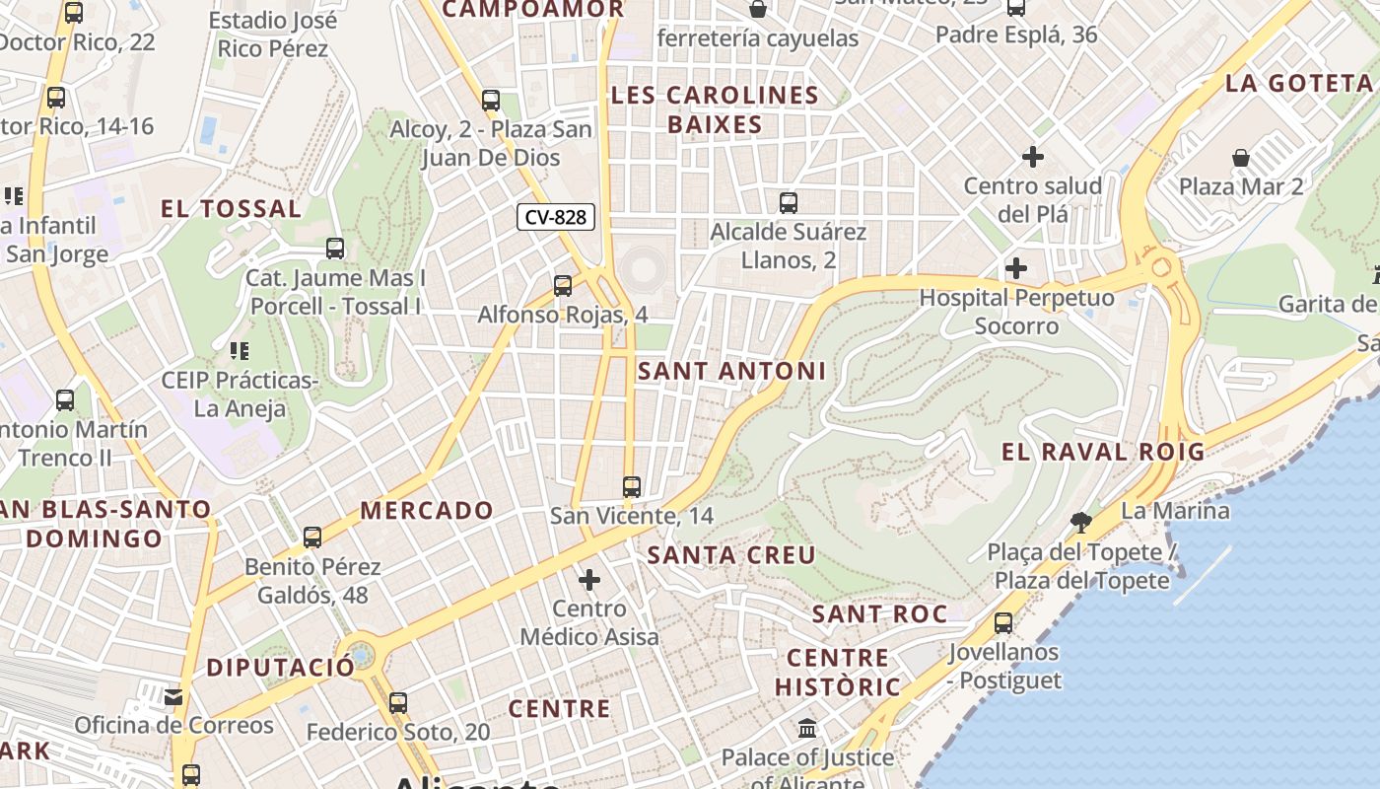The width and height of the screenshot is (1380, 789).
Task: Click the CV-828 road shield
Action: coord(556,217)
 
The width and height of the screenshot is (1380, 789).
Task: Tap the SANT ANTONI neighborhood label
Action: coord(731,371)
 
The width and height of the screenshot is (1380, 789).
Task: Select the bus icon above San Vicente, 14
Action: coord(632,487)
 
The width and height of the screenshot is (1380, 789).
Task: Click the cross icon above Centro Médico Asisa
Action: coord(589,580)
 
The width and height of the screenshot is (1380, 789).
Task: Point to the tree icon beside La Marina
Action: coord(1081,522)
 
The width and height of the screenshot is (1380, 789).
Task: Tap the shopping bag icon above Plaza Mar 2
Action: coord(1241,158)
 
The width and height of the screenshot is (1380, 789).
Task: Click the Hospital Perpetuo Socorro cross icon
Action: coord(1015,268)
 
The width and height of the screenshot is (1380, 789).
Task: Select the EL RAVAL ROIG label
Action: coord(1103,452)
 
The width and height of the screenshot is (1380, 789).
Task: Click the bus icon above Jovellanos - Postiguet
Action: coord(1003,623)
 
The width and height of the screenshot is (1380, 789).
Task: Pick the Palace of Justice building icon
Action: coord(807,729)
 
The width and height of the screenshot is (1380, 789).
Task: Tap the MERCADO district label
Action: coord(427,510)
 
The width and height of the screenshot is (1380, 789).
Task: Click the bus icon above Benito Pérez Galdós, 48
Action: coord(312,538)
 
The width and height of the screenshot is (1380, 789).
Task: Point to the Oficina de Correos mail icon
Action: coord(174,697)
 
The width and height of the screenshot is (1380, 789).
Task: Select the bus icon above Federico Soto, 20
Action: coord(397,703)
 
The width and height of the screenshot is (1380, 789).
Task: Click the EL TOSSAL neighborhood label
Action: coord(232,208)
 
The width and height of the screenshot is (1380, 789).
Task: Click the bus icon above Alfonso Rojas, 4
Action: coord(563,286)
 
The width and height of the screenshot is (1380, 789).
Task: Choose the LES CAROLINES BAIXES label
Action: coord(715,109)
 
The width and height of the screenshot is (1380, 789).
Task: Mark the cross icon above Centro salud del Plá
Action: coord(1033,157)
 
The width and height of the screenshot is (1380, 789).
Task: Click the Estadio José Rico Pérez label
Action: coord(273,35)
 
